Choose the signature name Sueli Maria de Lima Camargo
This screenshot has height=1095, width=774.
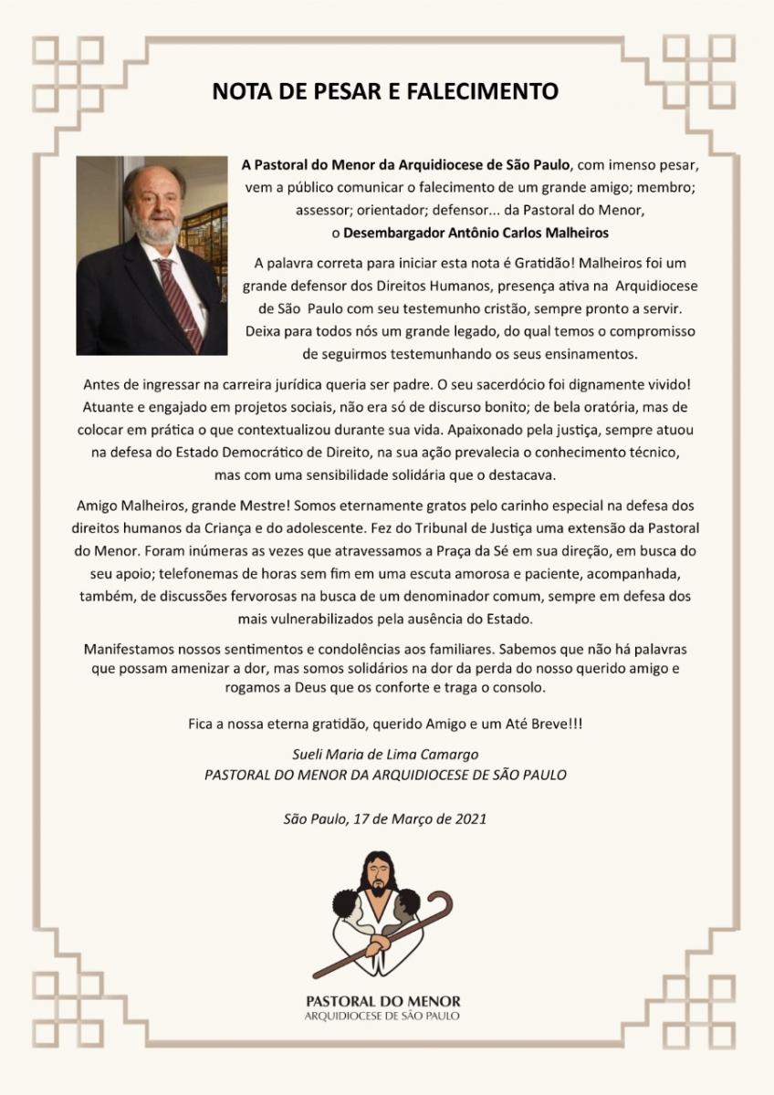[386, 754]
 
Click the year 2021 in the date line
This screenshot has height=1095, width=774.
[469, 818]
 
